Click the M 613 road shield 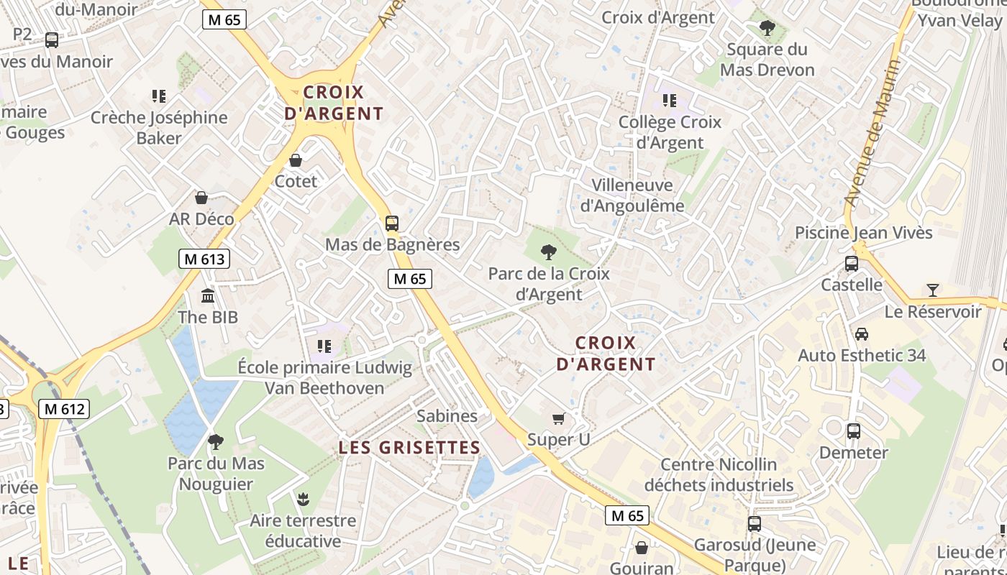pyautogui.click(x=204, y=259)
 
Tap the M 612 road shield pyautogui.click(x=64, y=409)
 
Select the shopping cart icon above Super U pyautogui.click(x=558, y=418)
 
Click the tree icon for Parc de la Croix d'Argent pyautogui.click(x=549, y=252)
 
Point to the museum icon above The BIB pyautogui.click(x=208, y=295)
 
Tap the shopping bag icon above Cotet pyautogui.click(x=296, y=160)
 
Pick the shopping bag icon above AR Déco pyautogui.click(x=201, y=197)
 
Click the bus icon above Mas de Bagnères pyautogui.click(x=392, y=223)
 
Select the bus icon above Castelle pyautogui.click(x=852, y=263)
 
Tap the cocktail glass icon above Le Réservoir pyautogui.click(x=933, y=290)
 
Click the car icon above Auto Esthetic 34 pyautogui.click(x=861, y=333)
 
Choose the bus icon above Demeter pyautogui.click(x=854, y=431)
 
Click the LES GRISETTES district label pyautogui.click(x=409, y=447)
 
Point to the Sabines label pyautogui.click(x=447, y=415)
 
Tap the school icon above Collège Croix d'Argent pyautogui.click(x=670, y=101)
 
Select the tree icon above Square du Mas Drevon pyautogui.click(x=767, y=28)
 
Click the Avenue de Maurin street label pyautogui.click(x=872, y=134)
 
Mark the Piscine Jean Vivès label pyautogui.click(x=863, y=232)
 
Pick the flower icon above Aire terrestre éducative pyautogui.click(x=303, y=498)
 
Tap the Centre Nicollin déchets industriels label pyautogui.click(x=719, y=474)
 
